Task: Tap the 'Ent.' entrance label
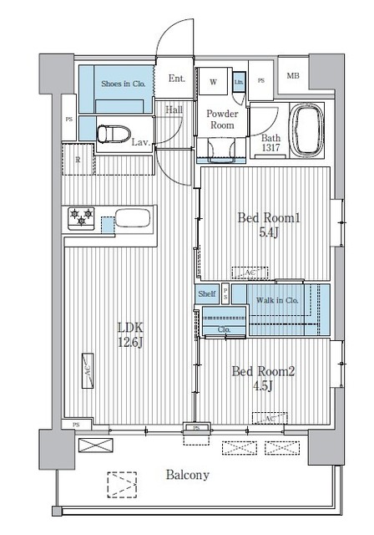pyautogui.click(x=176, y=79)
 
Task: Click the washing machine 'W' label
pyautogui.click(x=214, y=82)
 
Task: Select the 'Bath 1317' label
pyautogui.click(x=270, y=143)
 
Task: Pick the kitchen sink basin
pyautogui.click(x=132, y=220)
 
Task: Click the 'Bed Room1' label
pyautogui.click(x=268, y=218)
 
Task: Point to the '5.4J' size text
pyautogui.click(x=268, y=235)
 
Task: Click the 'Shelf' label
pyautogui.click(x=208, y=294)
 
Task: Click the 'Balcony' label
pyautogui.click(x=186, y=474)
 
